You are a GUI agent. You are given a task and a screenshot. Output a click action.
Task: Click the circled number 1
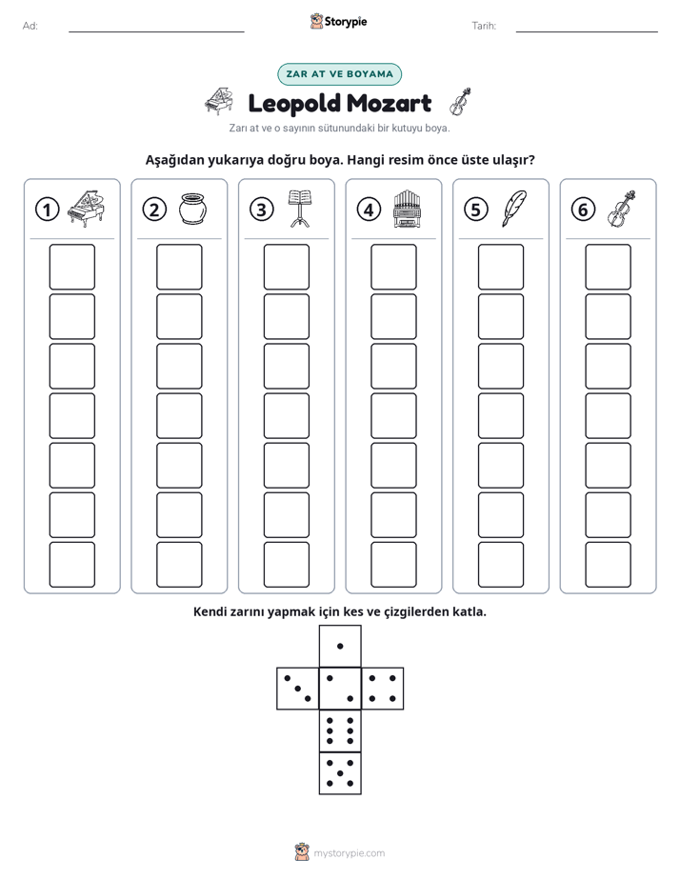pyautogui.click(x=47, y=210)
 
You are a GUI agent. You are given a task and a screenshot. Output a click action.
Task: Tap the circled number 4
pyautogui.click(x=369, y=210)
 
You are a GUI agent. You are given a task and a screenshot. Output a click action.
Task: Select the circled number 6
pyautogui.click(x=583, y=210)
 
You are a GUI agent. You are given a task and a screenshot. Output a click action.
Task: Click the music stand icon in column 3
pyautogui.click(x=300, y=209)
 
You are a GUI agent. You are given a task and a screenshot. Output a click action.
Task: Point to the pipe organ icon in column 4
pyautogui.click(x=408, y=209)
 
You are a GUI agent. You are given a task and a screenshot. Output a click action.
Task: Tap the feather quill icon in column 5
pyautogui.click(x=514, y=209)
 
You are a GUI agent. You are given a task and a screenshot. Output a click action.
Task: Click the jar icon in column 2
pyautogui.click(x=192, y=210)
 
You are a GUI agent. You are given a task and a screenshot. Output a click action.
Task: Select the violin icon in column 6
pyautogui.click(x=622, y=209)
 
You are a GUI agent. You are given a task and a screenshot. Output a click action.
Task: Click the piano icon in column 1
pyautogui.click(x=86, y=209)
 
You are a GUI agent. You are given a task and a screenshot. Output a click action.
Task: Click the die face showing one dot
pyautogui.click(x=340, y=647)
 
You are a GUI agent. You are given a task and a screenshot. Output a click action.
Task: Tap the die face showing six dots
pyautogui.click(x=340, y=730)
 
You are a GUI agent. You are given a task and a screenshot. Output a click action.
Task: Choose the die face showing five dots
pyautogui.click(x=340, y=772)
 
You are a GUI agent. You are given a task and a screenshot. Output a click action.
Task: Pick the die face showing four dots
pyautogui.click(x=382, y=689)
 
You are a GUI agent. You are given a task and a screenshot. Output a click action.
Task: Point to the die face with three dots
pyautogui.click(x=298, y=689)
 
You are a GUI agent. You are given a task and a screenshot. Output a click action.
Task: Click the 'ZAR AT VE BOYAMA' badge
pyautogui.click(x=339, y=74)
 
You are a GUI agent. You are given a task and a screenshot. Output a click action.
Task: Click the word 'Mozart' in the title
pyautogui.click(x=389, y=104)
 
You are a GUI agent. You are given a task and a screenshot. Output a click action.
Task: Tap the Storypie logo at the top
pyautogui.click(x=338, y=22)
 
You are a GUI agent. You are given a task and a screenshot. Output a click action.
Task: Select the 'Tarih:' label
pyautogui.click(x=484, y=26)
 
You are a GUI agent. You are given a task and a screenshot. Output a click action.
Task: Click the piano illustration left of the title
pyautogui.click(x=219, y=102)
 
